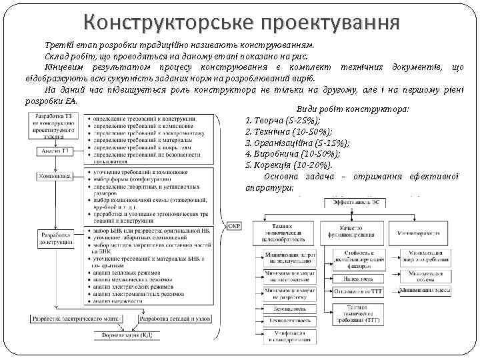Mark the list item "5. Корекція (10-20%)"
pos(283,165)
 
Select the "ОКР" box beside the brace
pos(235,225)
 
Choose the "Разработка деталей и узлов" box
pos(177,319)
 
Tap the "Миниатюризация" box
pos(419,233)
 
